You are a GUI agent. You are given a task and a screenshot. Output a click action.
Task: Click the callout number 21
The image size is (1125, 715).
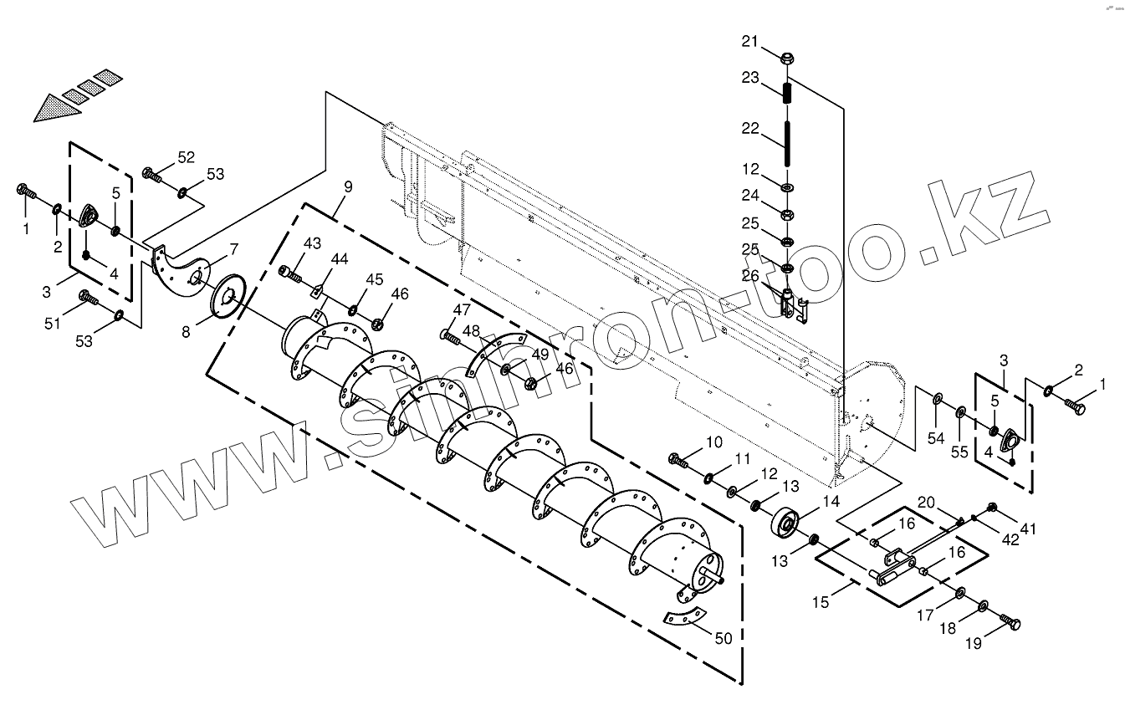[749, 41]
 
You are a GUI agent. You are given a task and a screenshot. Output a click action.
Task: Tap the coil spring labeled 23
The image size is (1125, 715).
[787, 91]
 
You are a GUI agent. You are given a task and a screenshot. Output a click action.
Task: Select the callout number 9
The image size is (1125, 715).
[347, 186]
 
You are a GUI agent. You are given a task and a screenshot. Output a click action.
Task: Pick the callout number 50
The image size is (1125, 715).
[724, 638]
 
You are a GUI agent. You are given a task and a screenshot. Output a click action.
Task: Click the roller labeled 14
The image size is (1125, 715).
[786, 523]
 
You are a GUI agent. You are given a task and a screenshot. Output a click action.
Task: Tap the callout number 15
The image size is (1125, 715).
[820, 601]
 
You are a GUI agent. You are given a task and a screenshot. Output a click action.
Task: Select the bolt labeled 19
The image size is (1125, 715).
[1012, 623]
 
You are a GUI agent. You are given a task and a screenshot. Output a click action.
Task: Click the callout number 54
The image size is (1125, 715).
[935, 438]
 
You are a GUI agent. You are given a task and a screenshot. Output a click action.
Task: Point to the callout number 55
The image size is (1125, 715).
[959, 452]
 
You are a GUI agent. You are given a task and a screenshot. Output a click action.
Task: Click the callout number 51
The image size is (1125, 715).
[53, 324]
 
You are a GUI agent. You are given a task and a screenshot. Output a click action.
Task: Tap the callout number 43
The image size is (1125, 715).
[312, 243]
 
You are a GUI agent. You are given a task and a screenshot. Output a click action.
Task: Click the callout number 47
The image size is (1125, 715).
[462, 310]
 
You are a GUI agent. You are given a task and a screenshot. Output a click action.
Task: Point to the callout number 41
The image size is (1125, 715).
[1028, 528]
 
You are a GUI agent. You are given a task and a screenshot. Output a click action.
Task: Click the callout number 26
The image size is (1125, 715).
[749, 275]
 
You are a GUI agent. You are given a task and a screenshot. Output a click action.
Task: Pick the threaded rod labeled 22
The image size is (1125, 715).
[787, 144]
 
